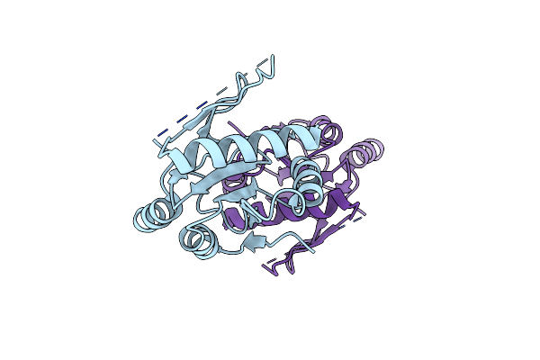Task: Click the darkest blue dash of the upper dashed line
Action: (162, 136)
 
